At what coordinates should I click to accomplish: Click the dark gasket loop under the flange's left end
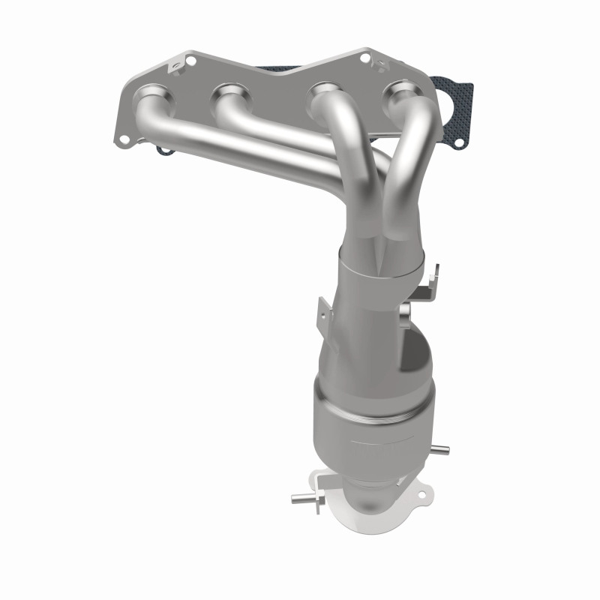pos(163,151)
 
